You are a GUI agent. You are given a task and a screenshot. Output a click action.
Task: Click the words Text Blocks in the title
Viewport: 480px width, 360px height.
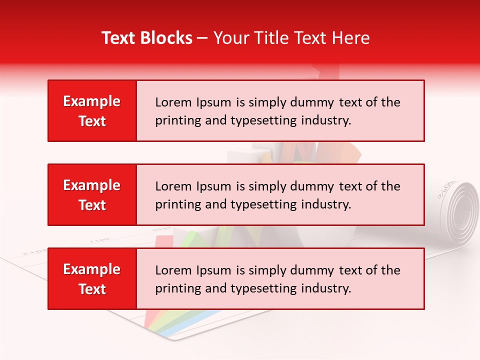[146, 38]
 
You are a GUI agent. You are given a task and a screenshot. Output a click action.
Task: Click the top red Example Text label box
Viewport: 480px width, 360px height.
[92, 111]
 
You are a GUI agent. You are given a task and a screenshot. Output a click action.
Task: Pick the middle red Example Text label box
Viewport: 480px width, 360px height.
[92, 195]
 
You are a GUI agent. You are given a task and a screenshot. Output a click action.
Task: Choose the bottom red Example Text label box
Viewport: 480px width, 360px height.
[92, 279]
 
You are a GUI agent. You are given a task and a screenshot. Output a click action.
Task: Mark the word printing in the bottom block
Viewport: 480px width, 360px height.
[176, 288]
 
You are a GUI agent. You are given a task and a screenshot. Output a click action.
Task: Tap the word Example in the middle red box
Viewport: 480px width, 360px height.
[92, 185]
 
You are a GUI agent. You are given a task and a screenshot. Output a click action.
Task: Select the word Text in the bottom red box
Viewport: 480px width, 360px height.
[92, 289]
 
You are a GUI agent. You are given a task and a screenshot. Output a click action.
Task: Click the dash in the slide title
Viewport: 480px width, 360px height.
[202, 38]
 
